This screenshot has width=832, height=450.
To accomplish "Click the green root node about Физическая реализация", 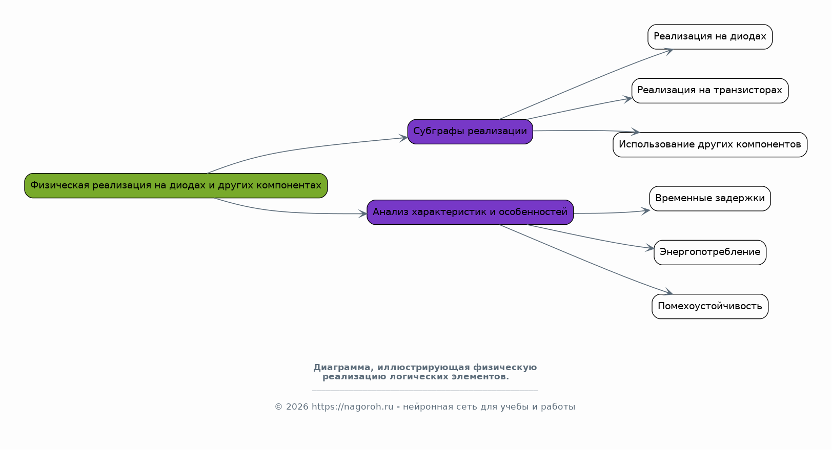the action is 176,185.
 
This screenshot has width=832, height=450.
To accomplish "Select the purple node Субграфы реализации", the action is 470,132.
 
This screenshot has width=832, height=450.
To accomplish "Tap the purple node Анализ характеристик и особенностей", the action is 470,212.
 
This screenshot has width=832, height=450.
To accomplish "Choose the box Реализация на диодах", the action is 710,37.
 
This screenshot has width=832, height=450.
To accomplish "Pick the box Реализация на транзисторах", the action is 710,91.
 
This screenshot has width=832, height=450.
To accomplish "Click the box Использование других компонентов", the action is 710,145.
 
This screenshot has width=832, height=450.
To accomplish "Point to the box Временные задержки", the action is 710,199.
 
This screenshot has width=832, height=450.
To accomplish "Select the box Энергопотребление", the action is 710,252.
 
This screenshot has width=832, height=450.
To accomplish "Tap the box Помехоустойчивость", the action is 710,307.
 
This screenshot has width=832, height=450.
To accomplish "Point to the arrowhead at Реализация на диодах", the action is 668,51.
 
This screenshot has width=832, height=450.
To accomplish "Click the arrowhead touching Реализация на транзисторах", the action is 627,99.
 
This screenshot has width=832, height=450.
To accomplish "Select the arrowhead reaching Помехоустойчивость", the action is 668,292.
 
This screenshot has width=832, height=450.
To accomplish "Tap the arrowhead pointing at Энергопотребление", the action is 650,248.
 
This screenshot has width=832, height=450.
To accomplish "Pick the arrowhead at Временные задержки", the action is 645,211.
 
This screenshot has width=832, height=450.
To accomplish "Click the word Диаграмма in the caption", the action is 342,368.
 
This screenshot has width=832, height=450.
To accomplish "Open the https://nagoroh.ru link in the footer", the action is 353,407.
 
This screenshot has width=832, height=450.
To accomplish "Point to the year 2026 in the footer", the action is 297,407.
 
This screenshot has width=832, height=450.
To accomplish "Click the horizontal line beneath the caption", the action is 425,391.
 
